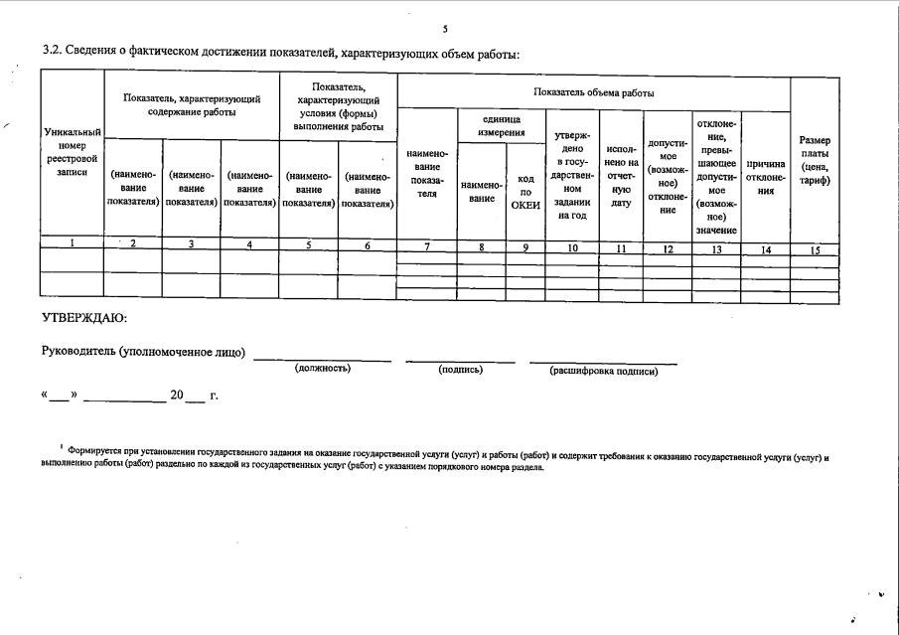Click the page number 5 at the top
pyautogui.click(x=445, y=29)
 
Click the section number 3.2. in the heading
pyautogui.click(x=55, y=53)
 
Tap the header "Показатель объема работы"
pyautogui.click(x=593, y=91)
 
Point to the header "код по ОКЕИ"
pyautogui.click(x=525, y=192)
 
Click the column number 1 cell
pyautogui.click(x=73, y=244)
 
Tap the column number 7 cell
pyautogui.click(x=426, y=246)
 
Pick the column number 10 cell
pyautogui.click(x=572, y=247)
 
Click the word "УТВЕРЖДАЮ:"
pyautogui.click(x=84, y=318)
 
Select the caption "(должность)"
pyautogui.click(x=323, y=369)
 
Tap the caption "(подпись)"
pyautogui.click(x=460, y=370)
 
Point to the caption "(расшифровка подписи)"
pyautogui.click(x=603, y=371)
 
